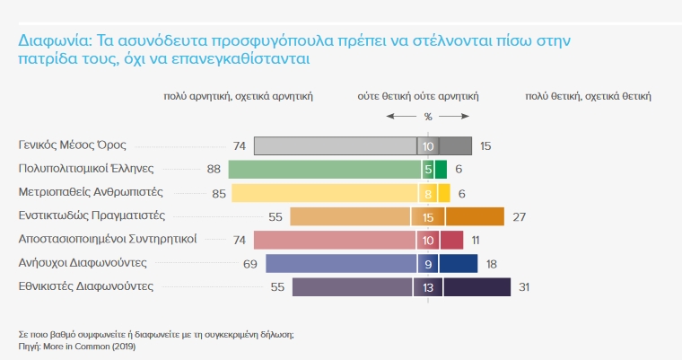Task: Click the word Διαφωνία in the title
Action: coord(48,41)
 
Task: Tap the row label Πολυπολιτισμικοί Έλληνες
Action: coord(87,167)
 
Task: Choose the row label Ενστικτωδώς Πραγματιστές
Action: coord(92,215)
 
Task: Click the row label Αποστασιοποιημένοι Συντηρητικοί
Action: coord(108,239)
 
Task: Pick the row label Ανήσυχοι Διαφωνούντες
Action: coord(83,262)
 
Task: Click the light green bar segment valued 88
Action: coord(324,169)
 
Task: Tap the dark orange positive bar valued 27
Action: coord(475,216)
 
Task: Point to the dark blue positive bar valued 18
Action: coord(459,264)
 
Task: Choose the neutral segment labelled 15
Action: coord(428,216)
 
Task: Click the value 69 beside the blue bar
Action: coord(249,264)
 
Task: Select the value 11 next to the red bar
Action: coord(476,240)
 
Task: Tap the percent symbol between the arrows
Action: coord(428,117)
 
